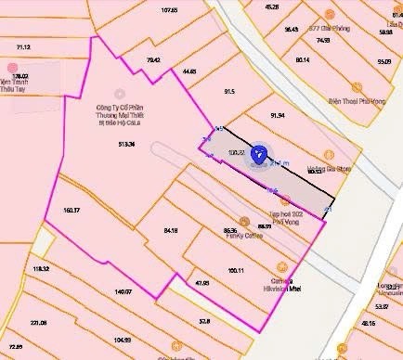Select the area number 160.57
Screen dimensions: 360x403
(72, 211)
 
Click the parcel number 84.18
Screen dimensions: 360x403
(170, 229)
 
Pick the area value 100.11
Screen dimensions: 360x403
(237, 271)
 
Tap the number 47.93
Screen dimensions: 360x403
(201, 282)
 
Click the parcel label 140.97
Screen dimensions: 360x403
(123, 292)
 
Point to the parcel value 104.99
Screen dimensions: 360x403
(122, 340)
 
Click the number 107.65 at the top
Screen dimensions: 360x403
(168, 9)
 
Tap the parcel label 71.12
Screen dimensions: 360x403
(23, 46)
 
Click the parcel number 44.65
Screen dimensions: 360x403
(189, 71)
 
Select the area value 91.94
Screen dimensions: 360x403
(278, 115)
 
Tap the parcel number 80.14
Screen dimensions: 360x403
(302, 59)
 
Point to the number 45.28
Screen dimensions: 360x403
(271, 6)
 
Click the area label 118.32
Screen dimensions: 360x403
(40, 268)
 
